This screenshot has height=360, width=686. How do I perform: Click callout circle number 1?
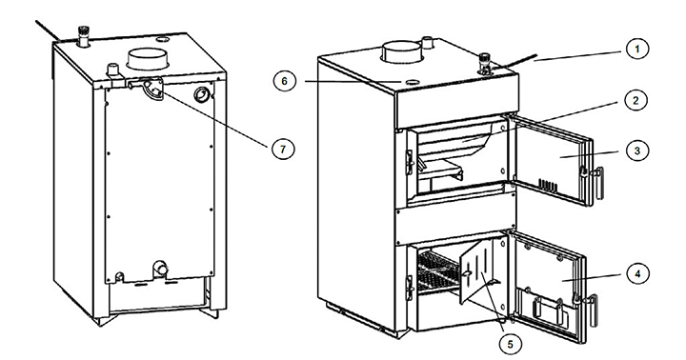636,50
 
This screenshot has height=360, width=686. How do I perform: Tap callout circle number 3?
636,150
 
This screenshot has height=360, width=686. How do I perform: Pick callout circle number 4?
637,274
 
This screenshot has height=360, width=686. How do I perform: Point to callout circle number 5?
510,344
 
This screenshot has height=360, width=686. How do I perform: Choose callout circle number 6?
285,81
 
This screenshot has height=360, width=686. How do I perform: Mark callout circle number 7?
283,150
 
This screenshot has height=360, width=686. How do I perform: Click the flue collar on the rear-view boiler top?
148,59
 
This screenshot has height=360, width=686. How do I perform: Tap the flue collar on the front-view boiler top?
402,51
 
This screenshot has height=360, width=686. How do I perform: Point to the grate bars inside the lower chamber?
437,272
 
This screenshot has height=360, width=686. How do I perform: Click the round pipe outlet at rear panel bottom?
160,268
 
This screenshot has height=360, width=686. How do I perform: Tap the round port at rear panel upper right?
202,93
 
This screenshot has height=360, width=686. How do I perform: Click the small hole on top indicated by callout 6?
412,82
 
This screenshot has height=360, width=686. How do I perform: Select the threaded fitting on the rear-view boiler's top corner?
81,36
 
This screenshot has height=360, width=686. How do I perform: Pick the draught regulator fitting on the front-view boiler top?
484,64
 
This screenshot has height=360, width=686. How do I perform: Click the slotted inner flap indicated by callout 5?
481,271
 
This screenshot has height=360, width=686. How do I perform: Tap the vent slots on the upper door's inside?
548,185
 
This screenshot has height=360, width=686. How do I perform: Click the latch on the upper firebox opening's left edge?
411,162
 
